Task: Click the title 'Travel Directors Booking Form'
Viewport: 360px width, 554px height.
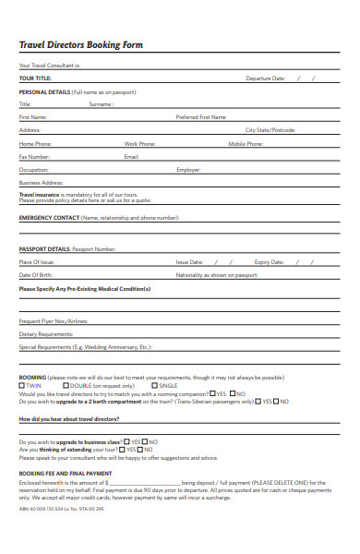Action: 81,45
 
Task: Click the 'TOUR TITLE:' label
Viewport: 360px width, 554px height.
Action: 35,78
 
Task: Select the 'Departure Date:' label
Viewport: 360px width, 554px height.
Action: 265,78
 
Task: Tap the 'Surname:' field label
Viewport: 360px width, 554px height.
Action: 101,104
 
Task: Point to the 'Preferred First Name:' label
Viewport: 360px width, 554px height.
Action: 201,117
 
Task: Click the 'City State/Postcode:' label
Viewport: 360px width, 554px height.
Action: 270,130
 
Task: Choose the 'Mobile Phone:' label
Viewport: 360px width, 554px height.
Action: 246,144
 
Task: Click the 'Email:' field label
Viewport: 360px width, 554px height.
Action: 131,157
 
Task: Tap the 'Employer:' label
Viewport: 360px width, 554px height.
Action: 188,170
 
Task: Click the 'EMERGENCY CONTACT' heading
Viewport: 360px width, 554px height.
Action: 49,218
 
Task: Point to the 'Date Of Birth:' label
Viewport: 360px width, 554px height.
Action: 36,275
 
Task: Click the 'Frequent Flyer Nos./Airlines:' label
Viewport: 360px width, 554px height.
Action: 54,320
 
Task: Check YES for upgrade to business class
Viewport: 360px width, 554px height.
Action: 126,441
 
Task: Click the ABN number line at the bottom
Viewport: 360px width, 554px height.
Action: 62,508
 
